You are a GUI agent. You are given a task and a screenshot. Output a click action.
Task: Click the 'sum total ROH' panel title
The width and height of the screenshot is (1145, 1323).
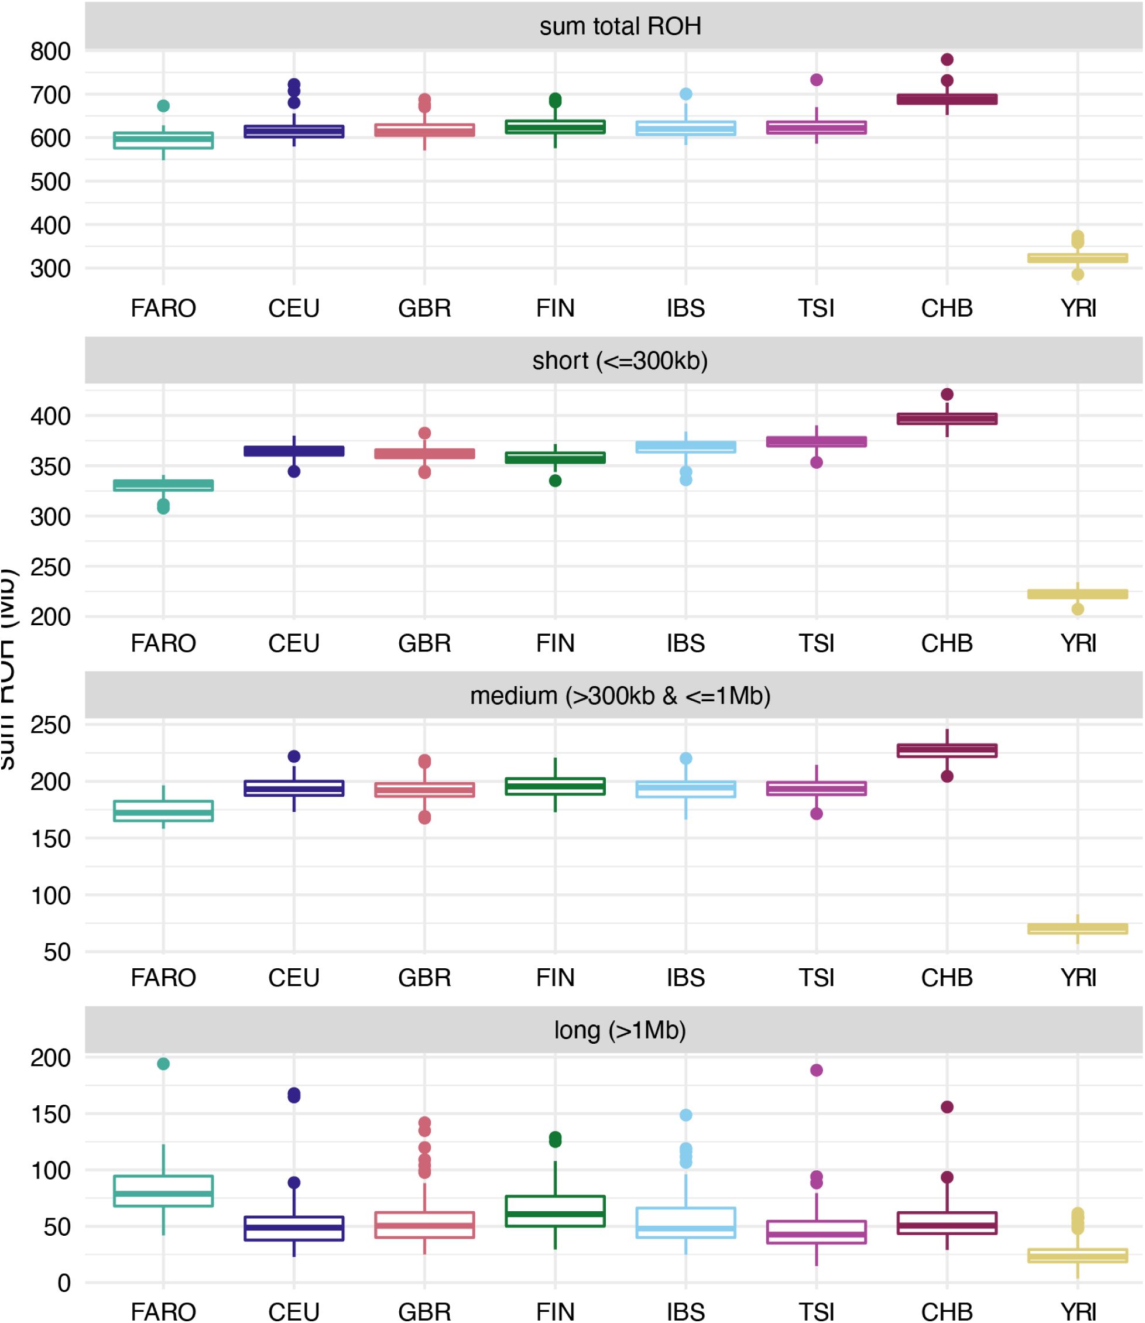point(620,26)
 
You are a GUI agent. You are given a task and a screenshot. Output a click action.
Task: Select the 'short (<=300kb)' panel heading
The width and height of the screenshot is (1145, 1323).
point(620,361)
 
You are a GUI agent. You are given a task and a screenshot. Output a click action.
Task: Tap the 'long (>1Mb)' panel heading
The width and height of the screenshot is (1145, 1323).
point(620,1030)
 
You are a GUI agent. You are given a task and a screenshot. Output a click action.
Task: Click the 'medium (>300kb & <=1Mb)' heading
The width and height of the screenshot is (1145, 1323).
point(620,695)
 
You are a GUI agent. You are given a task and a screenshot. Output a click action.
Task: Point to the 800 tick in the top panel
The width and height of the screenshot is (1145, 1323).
point(50,52)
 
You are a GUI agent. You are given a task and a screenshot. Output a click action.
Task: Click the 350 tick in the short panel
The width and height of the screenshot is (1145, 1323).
point(50,467)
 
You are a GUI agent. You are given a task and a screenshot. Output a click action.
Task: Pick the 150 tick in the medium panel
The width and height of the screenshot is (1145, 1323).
point(50,839)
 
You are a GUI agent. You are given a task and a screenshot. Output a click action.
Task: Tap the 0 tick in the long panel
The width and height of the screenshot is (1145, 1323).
point(64,1283)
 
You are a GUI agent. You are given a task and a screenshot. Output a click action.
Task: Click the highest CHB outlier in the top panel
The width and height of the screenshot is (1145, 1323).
point(947,59)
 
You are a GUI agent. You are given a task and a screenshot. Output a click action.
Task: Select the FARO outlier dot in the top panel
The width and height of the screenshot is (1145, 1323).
point(163,106)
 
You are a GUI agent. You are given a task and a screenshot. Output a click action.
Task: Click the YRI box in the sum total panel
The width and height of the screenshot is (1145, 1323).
point(1077,258)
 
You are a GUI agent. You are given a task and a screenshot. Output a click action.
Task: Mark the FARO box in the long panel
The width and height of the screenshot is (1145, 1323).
point(163,1191)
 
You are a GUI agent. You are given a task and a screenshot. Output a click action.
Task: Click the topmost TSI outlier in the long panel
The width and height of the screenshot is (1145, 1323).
point(817,1070)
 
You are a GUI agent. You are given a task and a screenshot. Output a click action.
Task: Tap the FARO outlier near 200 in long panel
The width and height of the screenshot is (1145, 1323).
point(163,1064)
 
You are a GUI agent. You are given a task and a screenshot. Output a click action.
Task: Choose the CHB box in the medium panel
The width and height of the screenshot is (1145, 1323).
point(947,750)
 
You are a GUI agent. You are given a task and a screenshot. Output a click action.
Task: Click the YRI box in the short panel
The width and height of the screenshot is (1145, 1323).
point(1077,594)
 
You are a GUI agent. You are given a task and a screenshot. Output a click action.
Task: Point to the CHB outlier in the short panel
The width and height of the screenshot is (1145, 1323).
point(947,394)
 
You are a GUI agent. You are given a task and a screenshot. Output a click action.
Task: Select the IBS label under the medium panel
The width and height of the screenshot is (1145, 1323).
point(685,978)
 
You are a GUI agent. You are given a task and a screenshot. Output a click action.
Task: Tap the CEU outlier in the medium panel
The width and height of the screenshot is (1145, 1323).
point(294,756)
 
